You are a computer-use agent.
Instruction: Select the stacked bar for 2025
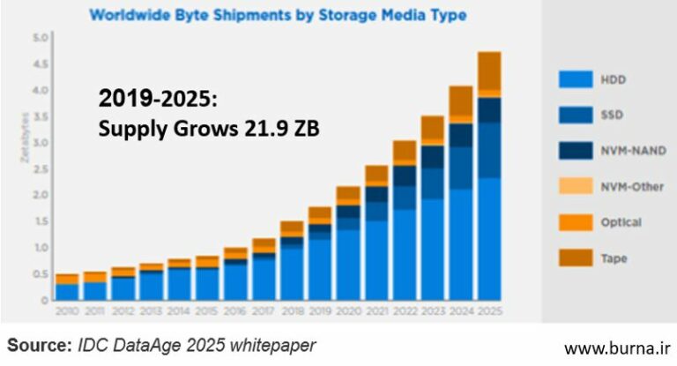coord(489,176)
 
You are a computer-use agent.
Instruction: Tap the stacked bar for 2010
coord(67,288)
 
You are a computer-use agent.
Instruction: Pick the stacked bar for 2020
coord(348,243)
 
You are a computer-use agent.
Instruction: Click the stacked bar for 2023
coord(432,208)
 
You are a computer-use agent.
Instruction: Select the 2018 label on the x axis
coord(292,310)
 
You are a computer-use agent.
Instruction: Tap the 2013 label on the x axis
coord(152,310)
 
